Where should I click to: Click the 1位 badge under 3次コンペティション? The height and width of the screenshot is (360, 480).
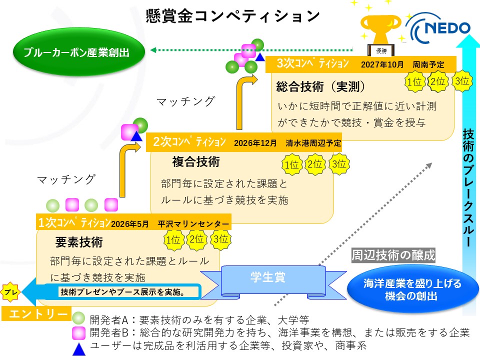coord(414,82)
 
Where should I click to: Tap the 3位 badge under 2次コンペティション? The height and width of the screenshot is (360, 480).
coord(339,163)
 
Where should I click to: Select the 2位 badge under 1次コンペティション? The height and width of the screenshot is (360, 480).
coord(196,239)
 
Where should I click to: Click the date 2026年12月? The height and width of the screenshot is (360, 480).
coord(255,143)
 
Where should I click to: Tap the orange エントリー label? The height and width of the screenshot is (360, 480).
coord(35,313)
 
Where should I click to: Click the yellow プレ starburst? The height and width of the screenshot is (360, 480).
coord(10,290)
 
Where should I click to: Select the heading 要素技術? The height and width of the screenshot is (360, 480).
coord(79,242)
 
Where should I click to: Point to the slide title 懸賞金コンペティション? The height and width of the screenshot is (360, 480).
coord(232,16)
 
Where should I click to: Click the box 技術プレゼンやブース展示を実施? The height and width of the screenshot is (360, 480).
coord(123,292)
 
